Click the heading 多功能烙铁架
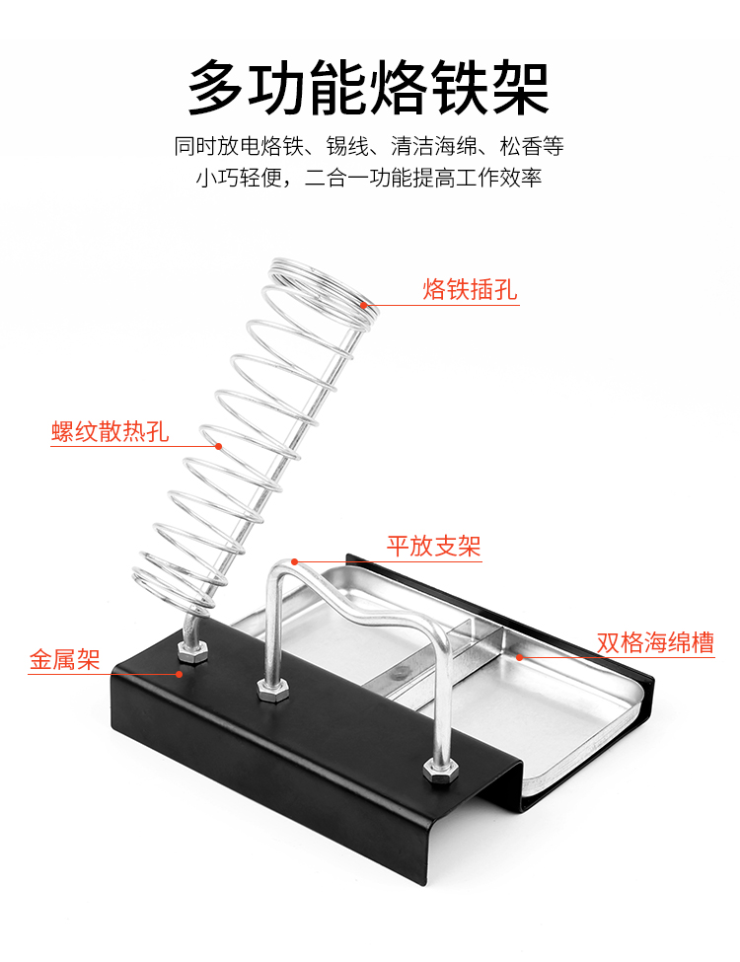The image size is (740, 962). [x=369, y=88]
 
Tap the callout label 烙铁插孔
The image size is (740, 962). [x=470, y=289]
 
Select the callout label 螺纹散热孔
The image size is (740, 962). [x=110, y=431]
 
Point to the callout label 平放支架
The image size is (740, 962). [x=433, y=545]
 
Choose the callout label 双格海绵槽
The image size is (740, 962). [x=655, y=643]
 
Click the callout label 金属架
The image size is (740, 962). [x=65, y=660]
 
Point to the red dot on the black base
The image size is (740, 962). [x=179, y=675]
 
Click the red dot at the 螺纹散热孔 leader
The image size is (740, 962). [x=219, y=446]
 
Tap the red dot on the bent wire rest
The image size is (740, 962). [x=294, y=562]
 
